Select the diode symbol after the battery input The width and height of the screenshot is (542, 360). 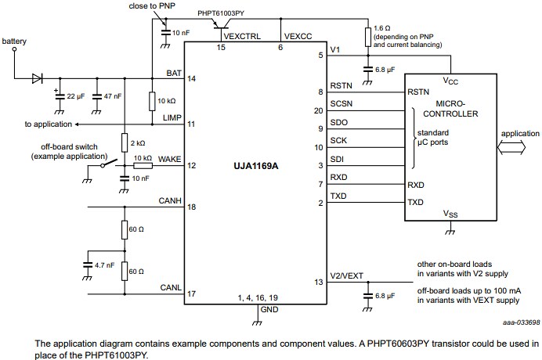tap(36, 78)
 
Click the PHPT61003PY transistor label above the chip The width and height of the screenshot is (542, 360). tap(220, 13)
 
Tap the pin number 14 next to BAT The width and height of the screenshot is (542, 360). tap(191, 78)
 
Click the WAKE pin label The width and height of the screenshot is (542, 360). tap(170, 159)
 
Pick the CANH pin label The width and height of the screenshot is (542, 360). tap(170, 200)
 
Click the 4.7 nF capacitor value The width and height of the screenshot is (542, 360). tap(105, 265)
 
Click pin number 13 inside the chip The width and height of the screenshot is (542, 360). tap(318, 282)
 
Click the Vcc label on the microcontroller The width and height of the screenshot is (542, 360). tap(450, 81)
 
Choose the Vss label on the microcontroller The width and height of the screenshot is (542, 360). tap(450, 214)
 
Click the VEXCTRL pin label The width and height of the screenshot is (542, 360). tap(241, 37)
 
